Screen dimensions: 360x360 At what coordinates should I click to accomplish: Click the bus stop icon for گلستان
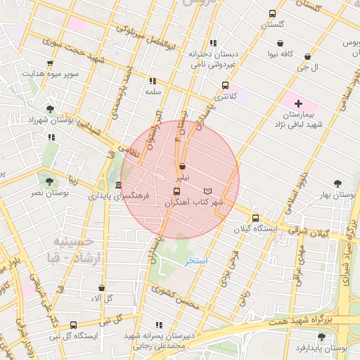coord(273,13)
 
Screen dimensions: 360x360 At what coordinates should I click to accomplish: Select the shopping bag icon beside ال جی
coord(307,56)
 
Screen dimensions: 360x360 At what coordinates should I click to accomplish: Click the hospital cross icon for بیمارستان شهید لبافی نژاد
coord(298,103)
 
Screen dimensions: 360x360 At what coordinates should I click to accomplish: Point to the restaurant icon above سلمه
coord(153,82)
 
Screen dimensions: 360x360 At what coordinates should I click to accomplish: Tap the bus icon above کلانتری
coord(225,85)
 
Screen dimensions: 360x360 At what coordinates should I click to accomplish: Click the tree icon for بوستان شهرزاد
coord(49,109)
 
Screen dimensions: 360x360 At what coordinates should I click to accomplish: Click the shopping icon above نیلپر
coord(183,167)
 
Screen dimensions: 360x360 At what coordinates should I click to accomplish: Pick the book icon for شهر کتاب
coord(207,191)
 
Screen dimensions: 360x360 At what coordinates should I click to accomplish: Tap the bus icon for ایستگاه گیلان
coord(255,218)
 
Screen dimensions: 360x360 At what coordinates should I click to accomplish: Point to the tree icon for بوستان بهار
coord(337,183)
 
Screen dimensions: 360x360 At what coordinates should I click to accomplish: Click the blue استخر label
coord(197,261)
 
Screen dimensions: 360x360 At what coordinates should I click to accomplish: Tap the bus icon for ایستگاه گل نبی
coord(73,325)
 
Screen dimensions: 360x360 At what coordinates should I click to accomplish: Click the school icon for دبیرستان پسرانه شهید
coord(159,325)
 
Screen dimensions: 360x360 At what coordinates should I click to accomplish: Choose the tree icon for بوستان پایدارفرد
coord(321,337)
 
